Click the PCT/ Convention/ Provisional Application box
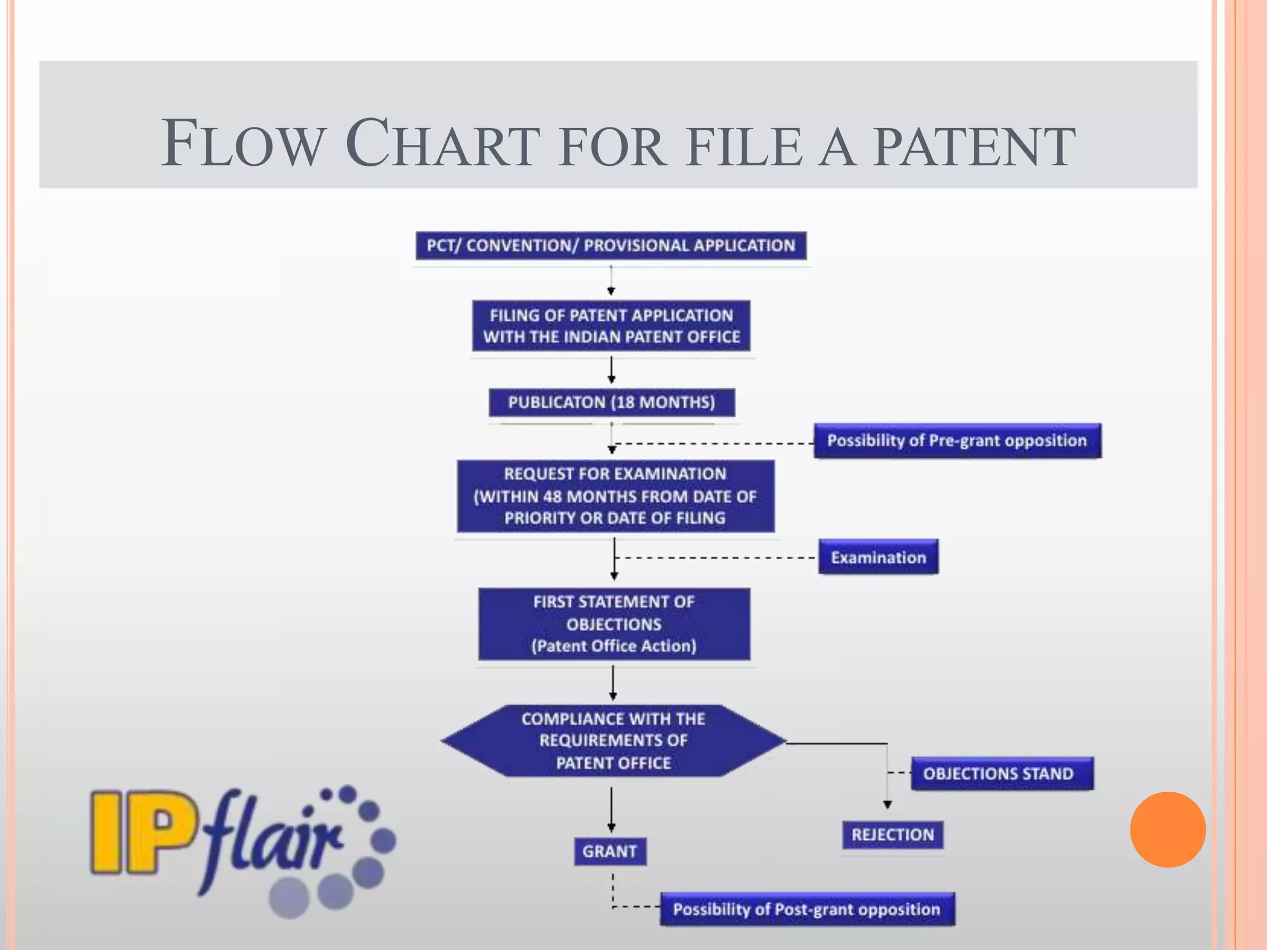click(x=611, y=246)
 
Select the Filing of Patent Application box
click(x=611, y=326)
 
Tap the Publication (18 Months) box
click(x=611, y=403)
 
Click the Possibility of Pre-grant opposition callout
click(x=957, y=440)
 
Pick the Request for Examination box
click(x=615, y=496)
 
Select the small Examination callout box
click(x=878, y=557)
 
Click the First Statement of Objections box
click(x=614, y=624)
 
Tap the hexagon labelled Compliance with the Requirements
click(x=613, y=740)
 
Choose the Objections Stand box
click(x=1002, y=774)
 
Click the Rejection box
click(x=892, y=835)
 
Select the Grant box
click(x=609, y=852)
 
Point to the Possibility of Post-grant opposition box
click(x=807, y=909)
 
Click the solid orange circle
click(x=1167, y=829)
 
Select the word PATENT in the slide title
click(x=974, y=147)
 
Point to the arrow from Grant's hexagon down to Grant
click(x=611, y=809)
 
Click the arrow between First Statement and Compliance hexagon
click(x=613, y=683)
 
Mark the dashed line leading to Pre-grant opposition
click(x=715, y=443)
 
